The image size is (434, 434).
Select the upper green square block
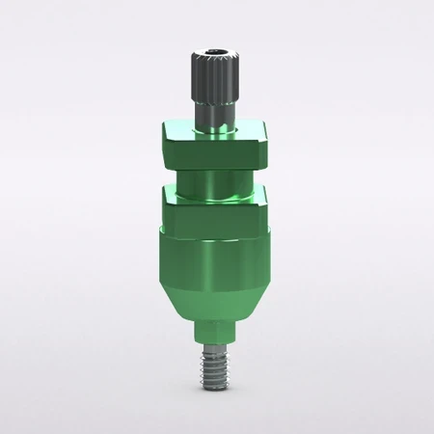[216, 145]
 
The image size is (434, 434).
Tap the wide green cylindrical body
[216, 256]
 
